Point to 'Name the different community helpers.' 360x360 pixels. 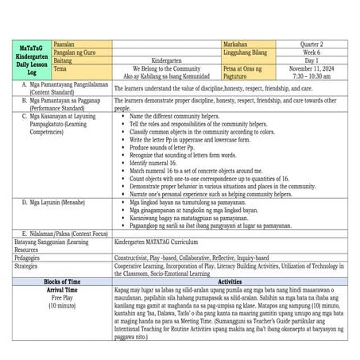click(x=179, y=118)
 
